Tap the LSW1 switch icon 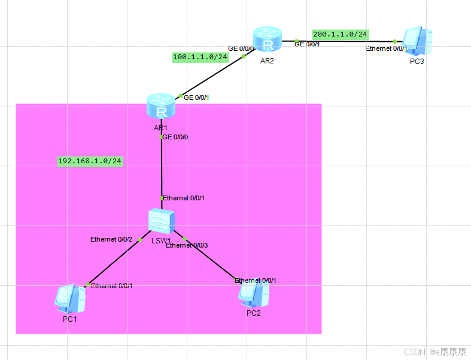pos(162,222)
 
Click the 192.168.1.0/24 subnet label pos(90,161)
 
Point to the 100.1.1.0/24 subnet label pos(200,57)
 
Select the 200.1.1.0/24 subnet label pos(340,34)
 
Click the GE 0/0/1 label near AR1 pos(196,97)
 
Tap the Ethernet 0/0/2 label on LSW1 pos(111,239)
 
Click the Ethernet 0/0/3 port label pos(187,245)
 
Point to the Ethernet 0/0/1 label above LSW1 pos(184,198)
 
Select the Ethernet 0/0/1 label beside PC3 pos(387,49)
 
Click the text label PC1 pos(70,319)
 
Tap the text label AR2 pos(267,61)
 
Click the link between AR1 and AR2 pos(212,77)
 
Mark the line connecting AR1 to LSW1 pos(162,167)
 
